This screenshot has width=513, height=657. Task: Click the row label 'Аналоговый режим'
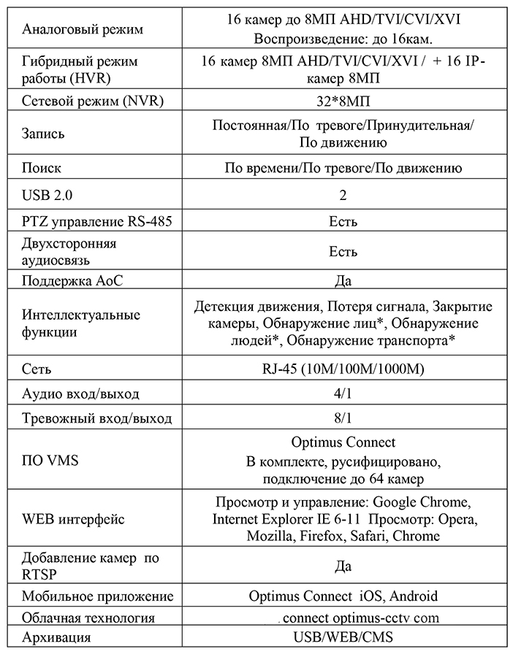83,30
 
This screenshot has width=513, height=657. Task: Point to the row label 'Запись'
44,134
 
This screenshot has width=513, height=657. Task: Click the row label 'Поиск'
42,168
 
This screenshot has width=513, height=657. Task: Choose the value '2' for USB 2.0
343,195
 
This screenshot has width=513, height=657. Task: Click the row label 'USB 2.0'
48,195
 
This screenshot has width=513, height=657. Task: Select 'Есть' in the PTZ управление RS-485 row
343,221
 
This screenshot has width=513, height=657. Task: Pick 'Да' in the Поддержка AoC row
343,280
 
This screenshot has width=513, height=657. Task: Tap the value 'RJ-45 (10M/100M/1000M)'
343,369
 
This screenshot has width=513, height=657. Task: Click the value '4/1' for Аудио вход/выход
343,394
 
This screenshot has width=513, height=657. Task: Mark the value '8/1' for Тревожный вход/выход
343,419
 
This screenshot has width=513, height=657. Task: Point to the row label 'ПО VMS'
51,461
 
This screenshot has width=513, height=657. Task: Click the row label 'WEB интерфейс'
73,520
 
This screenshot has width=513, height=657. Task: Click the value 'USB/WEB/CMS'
343,637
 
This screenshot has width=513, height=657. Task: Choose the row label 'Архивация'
57,637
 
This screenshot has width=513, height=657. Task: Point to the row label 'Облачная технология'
88,618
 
